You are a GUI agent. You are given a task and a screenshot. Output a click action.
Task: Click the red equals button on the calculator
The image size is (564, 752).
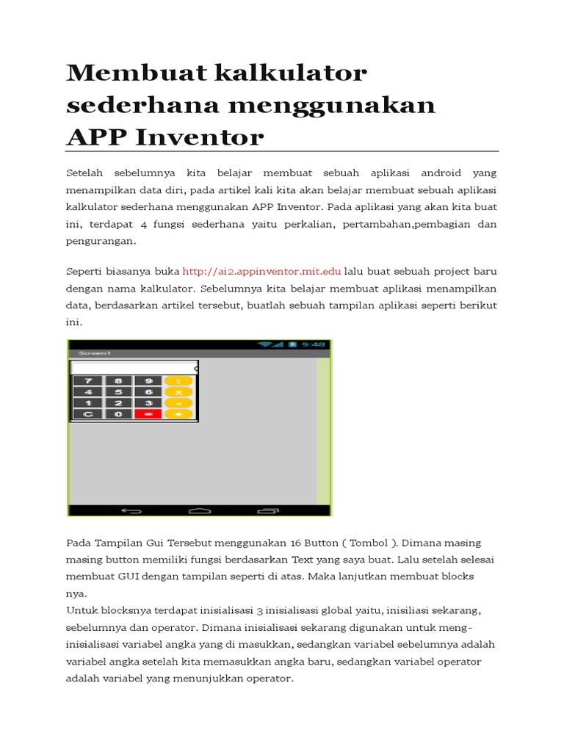pyautogui.click(x=148, y=414)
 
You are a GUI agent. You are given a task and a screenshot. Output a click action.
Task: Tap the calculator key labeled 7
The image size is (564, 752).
pyautogui.click(x=88, y=380)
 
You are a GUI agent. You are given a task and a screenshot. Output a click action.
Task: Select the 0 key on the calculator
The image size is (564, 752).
pyautogui.click(x=118, y=414)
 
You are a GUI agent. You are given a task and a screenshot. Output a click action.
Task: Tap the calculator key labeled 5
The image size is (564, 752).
pyautogui.click(x=118, y=391)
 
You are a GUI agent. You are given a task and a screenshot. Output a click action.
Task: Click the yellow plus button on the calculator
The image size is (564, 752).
pyautogui.click(x=178, y=414)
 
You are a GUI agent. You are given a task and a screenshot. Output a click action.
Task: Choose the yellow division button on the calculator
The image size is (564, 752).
pyautogui.click(x=178, y=380)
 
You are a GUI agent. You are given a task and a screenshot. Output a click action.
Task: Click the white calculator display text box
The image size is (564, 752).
pyautogui.click(x=134, y=368)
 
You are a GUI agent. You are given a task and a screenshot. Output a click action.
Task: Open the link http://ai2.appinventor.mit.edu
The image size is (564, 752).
pyautogui.click(x=261, y=270)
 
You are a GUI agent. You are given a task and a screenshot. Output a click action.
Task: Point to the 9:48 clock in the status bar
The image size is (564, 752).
pyautogui.click(x=313, y=344)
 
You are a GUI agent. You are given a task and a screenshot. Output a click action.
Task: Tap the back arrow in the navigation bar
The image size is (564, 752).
pyautogui.click(x=131, y=510)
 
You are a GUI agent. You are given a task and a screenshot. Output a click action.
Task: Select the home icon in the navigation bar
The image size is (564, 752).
pyautogui.click(x=199, y=510)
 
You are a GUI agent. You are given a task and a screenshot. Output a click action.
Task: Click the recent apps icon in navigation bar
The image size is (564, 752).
pyautogui.click(x=267, y=510)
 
